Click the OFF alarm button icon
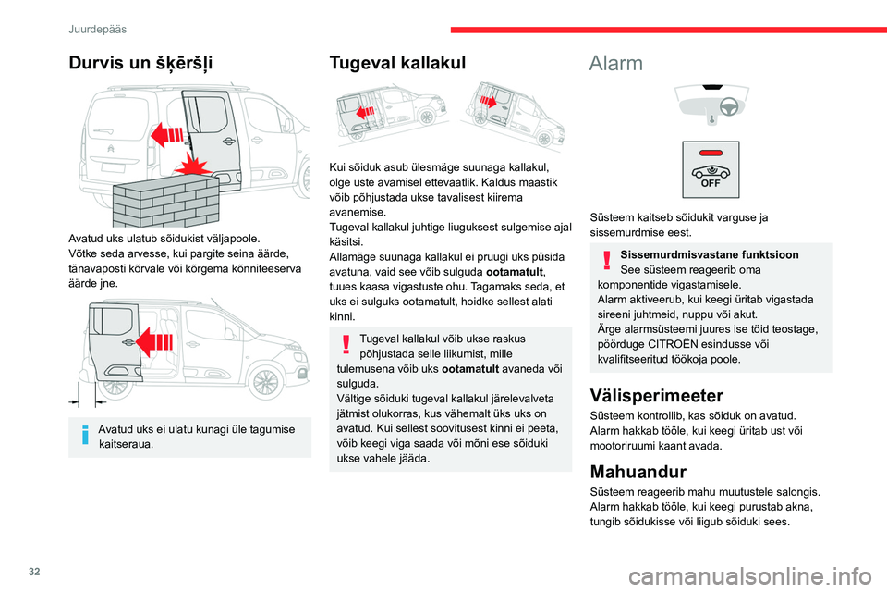point(711,169)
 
